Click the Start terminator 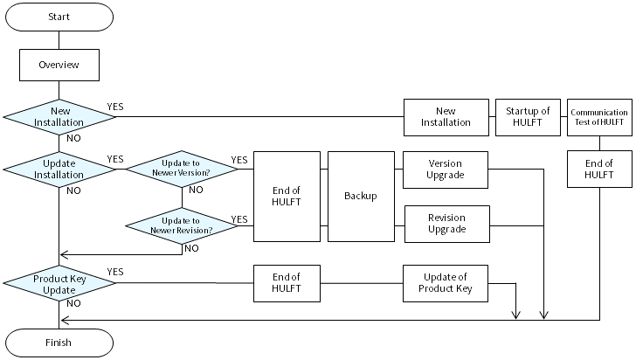pos(59,16)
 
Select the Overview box pos(59,65)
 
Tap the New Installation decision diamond pos(59,117)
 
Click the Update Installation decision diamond pos(59,168)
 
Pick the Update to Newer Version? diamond pos(181,169)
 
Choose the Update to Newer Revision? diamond pos(181,225)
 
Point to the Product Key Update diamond pos(59,283)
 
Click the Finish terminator pos(59,343)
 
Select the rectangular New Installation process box pos(446,117)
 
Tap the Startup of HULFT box pos(528,117)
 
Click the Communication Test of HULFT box pos(598,117)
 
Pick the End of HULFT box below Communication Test pos(598,169)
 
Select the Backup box pos(361,196)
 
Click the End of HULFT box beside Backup pos(287,196)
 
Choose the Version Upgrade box pos(446,169)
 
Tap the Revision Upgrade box pos(446,224)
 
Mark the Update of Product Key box pos(446,283)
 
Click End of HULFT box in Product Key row pos(287,283)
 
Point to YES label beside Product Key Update pos(115,272)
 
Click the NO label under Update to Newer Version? pos(197,190)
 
